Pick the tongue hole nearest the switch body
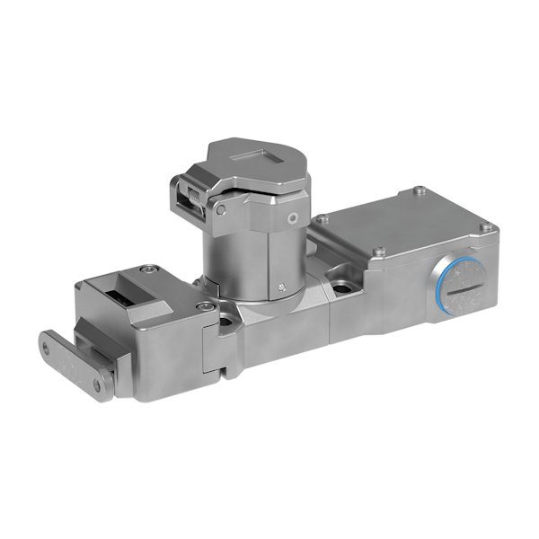[x=97, y=385]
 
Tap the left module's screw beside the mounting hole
[x=208, y=306]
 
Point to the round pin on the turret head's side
[x=292, y=217]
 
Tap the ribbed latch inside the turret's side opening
[x=192, y=197]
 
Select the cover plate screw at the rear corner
[x=419, y=190]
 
